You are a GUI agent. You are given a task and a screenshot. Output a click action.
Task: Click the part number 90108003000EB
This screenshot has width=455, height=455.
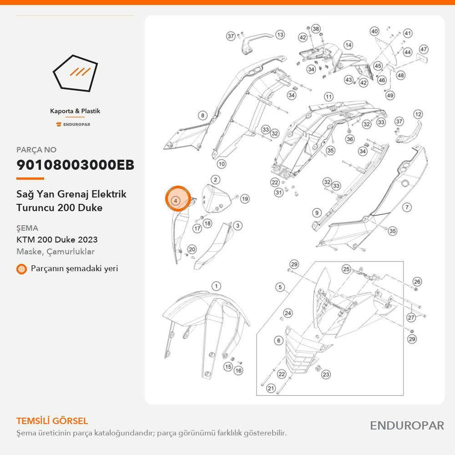75,165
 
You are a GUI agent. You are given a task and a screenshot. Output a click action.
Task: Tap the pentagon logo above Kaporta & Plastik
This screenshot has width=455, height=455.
75,73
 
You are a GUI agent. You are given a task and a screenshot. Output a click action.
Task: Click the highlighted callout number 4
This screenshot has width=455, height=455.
176,200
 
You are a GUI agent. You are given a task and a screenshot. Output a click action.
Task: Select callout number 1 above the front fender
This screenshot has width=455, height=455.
216,286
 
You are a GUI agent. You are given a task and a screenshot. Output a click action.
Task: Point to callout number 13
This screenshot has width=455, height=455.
280,35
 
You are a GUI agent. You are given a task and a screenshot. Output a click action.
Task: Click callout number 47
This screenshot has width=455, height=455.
424,49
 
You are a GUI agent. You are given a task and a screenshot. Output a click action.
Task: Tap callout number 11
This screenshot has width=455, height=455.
329,96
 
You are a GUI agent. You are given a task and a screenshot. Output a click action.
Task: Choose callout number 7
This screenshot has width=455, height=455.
407,207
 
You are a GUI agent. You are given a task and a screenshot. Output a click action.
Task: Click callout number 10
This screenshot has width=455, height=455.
222,164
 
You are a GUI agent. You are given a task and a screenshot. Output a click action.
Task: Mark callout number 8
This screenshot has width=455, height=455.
202,116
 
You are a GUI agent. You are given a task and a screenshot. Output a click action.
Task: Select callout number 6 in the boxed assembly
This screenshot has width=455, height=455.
278,340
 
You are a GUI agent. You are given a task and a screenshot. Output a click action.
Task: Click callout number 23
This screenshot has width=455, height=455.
326,374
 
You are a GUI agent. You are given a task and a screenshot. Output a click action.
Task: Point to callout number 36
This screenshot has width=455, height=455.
350,139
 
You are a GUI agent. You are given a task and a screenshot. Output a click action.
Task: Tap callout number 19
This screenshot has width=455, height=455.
245,199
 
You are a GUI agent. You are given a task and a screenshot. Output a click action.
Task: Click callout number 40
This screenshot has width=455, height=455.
374,31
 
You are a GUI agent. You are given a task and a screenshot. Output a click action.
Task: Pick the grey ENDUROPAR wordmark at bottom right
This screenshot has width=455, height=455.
407,425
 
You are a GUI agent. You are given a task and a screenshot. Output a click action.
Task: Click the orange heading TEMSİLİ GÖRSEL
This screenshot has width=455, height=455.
52,421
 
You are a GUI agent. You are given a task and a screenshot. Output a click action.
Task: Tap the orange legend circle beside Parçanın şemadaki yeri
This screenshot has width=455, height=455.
21,269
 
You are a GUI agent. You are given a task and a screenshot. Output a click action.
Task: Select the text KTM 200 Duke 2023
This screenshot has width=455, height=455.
57,239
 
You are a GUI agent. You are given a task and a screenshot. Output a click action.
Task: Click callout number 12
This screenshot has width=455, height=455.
418,114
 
